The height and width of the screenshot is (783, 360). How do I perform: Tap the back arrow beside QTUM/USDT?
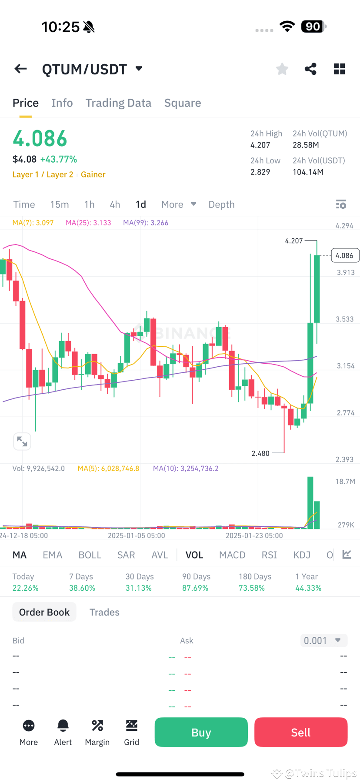[20, 69]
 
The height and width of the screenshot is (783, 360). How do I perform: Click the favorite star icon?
[282, 69]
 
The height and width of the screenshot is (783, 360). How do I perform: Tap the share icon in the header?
[310, 69]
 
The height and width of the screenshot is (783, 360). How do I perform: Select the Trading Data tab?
[118, 103]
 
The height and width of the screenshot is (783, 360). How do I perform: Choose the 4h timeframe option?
[115, 204]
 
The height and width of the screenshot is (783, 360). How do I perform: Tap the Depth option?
[221, 204]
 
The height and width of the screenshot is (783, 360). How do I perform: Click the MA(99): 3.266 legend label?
[146, 223]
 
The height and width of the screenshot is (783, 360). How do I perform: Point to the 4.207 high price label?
[294, 241]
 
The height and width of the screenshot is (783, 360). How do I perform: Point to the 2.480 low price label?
[260, 453]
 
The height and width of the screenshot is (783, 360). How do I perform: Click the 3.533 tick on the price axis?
[344, 319]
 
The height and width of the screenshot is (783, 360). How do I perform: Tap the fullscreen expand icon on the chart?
[22, 442]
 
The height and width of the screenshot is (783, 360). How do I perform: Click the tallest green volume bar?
[310, 502]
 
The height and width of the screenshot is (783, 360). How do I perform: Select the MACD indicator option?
[232, 555]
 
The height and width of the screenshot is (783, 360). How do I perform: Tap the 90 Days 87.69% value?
[195, 588]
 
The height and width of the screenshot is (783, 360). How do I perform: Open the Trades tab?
[104, 612]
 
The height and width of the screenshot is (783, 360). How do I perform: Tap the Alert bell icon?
[63, 726]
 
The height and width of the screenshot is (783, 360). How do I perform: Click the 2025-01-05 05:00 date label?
[137, 535]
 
